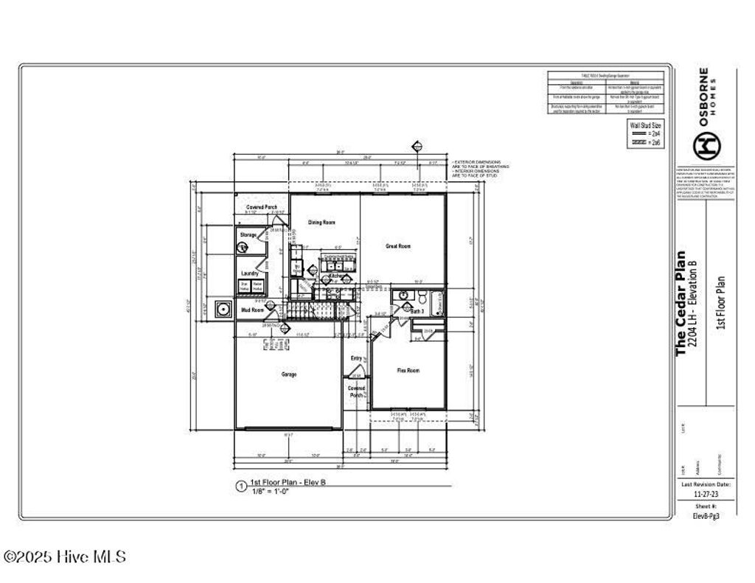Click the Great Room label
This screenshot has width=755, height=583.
[398, 246]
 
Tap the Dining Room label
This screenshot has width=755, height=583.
[321, 222]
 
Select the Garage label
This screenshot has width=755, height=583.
[288, 374]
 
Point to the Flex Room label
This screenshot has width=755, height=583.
[408, 371]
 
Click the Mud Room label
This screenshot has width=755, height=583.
[252, 310]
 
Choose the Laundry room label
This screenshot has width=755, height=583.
[248, 271]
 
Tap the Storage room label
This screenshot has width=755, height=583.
[248, 235]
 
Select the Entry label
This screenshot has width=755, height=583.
[356, 358]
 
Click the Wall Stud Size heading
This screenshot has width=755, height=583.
[644, 125]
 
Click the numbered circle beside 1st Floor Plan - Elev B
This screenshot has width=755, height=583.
[240, 486]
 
